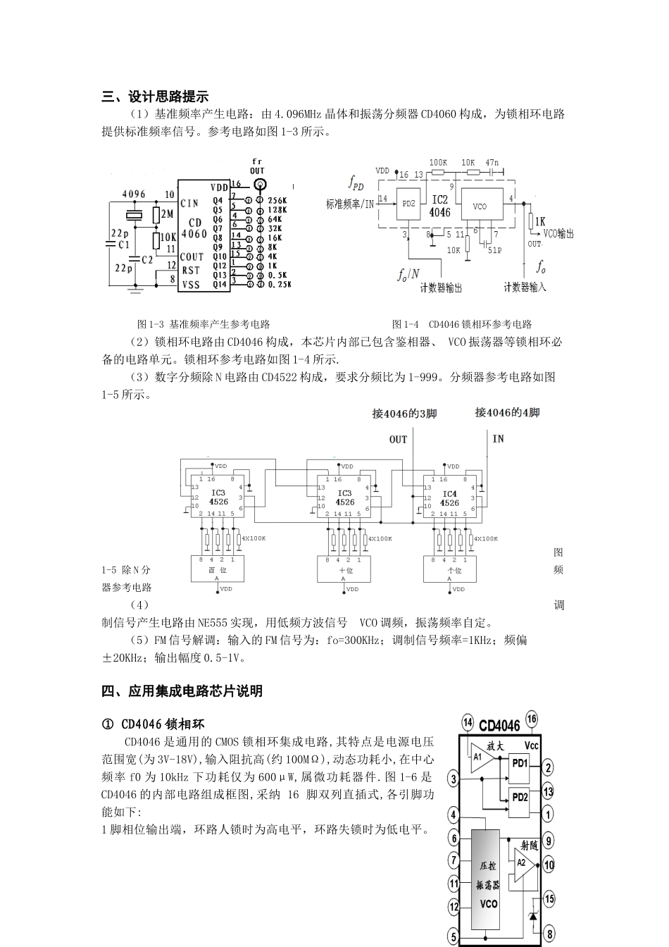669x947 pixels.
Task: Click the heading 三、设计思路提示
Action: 155,97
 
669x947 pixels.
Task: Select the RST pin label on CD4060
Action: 191,270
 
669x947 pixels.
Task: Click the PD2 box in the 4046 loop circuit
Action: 410,203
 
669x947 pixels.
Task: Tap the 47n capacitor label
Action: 492,163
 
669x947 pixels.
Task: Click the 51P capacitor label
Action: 494,249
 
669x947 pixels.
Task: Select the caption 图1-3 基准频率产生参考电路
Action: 204,324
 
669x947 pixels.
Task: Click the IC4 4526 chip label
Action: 450,498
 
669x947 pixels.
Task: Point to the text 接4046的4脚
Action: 507,413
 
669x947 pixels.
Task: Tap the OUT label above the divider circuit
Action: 398,440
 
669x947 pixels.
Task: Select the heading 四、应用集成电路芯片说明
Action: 182,691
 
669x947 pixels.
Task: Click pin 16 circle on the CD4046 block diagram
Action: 531,719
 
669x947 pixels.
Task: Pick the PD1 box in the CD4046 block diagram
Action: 520,763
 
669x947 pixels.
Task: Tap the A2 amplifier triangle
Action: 522,862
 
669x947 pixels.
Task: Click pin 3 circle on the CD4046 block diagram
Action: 454,779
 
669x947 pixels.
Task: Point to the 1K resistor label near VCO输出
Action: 540,221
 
